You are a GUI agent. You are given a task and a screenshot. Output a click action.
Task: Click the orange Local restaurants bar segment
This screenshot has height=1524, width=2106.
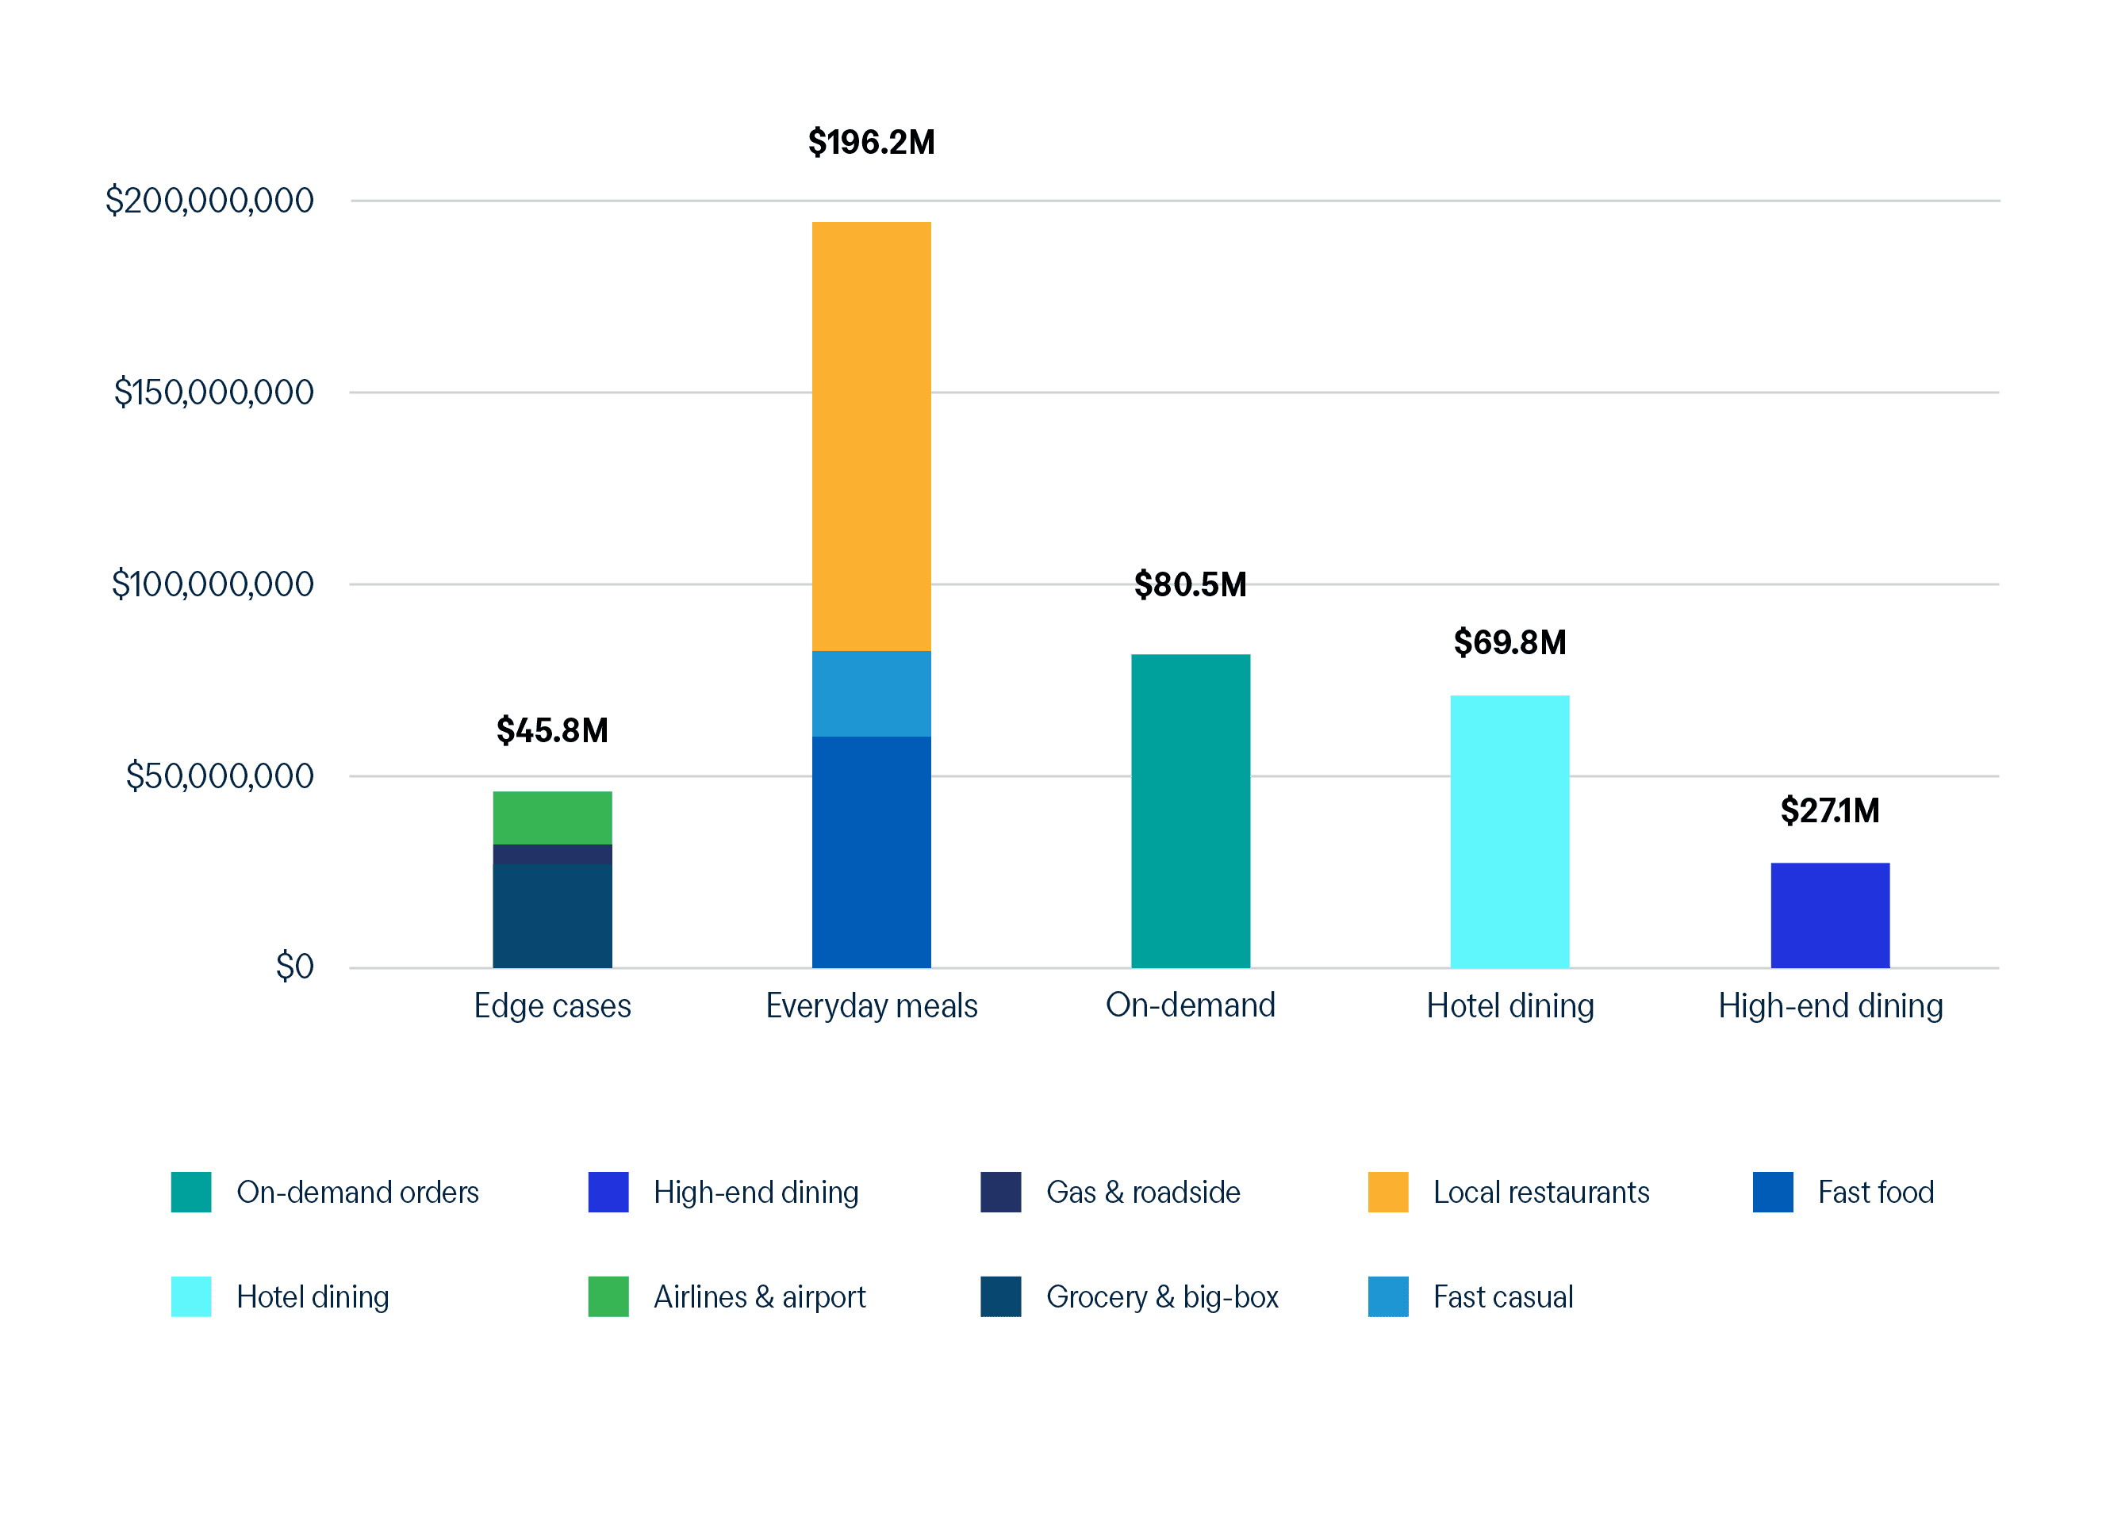tap(871, 436)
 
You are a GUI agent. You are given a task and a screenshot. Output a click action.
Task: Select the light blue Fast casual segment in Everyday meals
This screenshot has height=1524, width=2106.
tap(871, 693)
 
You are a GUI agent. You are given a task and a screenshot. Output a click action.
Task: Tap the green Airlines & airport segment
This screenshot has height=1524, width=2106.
tap(551, 817)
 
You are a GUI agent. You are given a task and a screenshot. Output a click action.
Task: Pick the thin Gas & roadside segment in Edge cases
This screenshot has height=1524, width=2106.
tap(551, 854)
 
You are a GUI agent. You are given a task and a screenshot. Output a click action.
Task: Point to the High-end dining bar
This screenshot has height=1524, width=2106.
tap(1829, 915)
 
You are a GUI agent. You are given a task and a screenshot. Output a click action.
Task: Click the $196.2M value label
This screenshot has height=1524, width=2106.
tap(871, 142)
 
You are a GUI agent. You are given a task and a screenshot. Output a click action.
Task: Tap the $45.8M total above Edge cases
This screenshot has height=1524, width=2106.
tap(551, 730)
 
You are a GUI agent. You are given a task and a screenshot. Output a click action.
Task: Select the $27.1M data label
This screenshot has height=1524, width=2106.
tap(1829, 810)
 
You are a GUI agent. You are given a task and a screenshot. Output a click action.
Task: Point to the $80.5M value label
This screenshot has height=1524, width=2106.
tap(1190, 584)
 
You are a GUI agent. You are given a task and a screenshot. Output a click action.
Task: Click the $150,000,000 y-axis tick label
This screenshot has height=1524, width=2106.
tap(213, 392)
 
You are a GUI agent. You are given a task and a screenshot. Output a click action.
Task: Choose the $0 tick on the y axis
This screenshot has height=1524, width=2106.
tap(294, 967)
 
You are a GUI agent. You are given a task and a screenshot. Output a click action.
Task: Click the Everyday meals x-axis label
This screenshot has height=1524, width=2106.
tap(871, 1006)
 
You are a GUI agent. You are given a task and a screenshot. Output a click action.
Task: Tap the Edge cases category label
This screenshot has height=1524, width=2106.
tap(551, 1006)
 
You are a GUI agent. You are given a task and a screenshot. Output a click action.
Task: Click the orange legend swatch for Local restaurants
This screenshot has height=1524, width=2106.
tap(1387, 1192)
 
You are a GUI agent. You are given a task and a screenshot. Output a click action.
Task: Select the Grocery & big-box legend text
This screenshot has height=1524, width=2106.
tap(1161, 1296)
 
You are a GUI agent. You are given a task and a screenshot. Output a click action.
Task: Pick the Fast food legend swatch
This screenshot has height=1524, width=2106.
tap(1772, 1192)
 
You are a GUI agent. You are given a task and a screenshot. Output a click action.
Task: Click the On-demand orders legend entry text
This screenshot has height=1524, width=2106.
tap(358, 1192)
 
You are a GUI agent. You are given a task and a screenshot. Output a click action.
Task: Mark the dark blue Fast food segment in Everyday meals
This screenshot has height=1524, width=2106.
tap(871, 851)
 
